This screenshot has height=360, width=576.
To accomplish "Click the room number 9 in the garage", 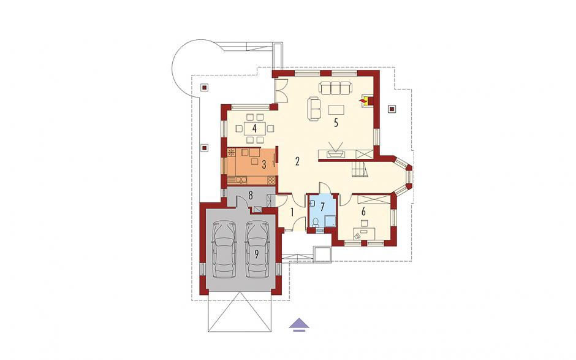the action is click(256, 254).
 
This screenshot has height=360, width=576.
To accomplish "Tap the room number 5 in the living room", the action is click(336, 123).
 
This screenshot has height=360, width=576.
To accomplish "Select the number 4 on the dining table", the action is click(254, 129).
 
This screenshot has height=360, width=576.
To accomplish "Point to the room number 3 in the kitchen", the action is click(263, 165).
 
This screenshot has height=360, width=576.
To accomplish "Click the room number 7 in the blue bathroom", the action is click(322, 207).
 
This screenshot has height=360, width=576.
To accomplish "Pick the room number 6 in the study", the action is click(363, 212).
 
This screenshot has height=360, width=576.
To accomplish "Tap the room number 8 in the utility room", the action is click(251, 195).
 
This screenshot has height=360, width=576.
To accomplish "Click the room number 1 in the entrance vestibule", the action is click(292, 212).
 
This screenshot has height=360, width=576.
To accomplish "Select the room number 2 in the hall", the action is click(298, 161).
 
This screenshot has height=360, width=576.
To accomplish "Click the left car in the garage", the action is click(224, 249).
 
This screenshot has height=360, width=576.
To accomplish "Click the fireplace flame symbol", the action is click(363, 99).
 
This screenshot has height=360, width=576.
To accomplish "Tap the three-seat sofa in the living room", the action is click(335, 88).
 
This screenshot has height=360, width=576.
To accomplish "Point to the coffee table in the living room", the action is click(336, 110).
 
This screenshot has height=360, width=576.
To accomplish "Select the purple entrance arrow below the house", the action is click(299, 323).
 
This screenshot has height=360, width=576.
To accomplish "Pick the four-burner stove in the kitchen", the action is click(271, 180).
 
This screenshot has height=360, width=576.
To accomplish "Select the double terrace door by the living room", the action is click(282, 91).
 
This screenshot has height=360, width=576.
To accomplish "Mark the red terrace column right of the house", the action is click(392, 109).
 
